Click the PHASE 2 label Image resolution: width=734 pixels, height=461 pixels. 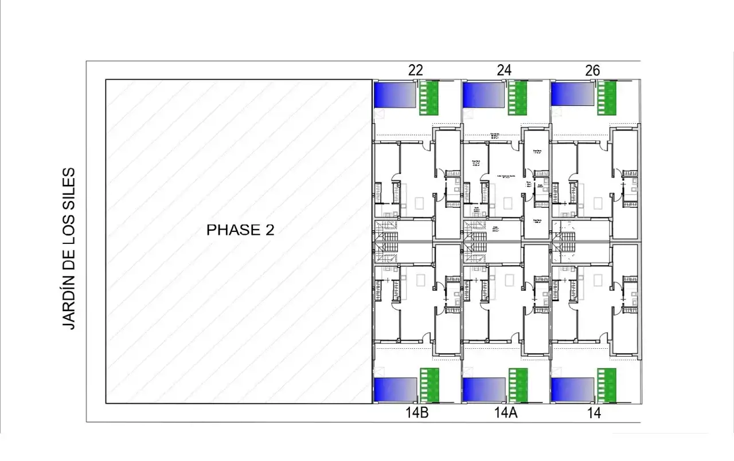click(x=240, y=230)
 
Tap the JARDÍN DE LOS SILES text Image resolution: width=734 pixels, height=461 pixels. click(x=69, y=248)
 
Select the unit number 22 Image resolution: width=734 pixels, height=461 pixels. click(x=416, y=70)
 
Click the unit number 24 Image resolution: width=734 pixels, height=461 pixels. click(x=504, y=70)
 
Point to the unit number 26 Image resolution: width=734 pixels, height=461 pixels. click(x=592, y=70)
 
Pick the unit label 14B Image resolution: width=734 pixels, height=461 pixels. click(x=416, y=413)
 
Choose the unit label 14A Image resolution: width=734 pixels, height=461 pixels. click(x=506, y=413)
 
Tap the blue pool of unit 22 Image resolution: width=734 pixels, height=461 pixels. click(x=395, y=94)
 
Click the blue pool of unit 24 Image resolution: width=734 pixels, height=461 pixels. click(x=483, y=94)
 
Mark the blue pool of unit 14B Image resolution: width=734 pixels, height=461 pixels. click(x=395, y=389)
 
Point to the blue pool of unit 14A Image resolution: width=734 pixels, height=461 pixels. click(x=484, y=389)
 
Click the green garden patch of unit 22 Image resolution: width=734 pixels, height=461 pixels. click(x=429, y=98)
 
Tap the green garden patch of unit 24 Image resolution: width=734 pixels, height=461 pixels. click(x=517, y=98)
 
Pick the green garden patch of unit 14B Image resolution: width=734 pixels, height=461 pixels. click(x=429, y=385)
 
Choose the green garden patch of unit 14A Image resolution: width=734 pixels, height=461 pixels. click(x=517, y=385)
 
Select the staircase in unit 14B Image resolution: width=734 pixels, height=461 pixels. click(x=385, y=253)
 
